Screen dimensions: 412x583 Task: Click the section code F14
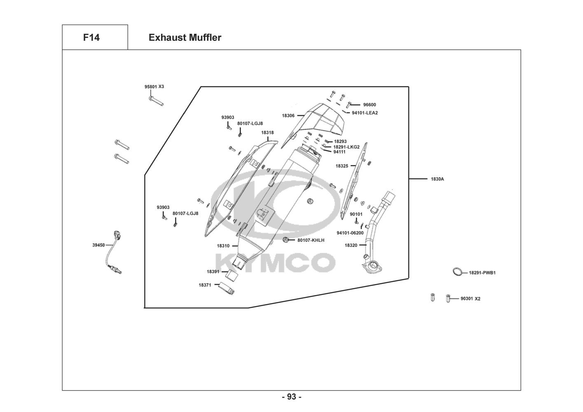coord(91,37)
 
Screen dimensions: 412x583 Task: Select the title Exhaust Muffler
coord(185,37)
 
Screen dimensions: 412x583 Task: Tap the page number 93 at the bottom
coord(291,397)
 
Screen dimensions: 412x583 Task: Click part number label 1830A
coord(437,179)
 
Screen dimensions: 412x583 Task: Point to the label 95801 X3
coord(154,87)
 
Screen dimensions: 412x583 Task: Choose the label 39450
coord(98,245)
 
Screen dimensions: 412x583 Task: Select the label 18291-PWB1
coord(482,273)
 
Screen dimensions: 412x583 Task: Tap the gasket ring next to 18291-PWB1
coord(457,272)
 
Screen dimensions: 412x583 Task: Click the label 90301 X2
coord(470,298)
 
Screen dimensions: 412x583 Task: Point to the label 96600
coord(370,105)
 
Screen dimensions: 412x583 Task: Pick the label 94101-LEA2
coord(365,113)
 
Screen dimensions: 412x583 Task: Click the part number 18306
coord(288,116)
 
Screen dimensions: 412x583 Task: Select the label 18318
coord(267,133)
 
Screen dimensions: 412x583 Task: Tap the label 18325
coord(342,166)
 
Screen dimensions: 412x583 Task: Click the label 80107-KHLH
coord(311,240)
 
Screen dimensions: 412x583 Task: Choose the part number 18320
coord(351,245)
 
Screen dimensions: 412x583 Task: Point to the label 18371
coord(205,285)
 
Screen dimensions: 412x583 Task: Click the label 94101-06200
coord(350,233)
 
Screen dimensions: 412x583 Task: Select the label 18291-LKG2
coord(347,147)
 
